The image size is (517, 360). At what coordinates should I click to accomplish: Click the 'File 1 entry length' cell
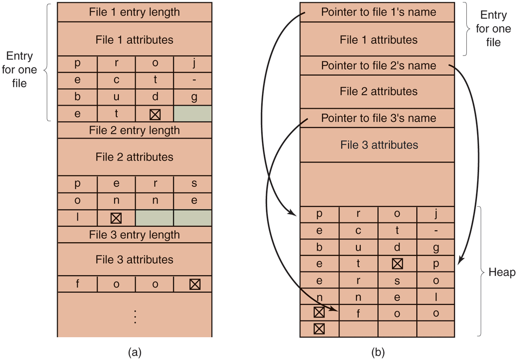click(x=134, y=12)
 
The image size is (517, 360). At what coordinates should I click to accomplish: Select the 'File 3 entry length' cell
click(x=134, y=235)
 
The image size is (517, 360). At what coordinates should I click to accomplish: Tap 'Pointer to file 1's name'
click(x=378, y=12)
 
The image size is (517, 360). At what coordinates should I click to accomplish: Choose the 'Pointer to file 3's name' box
click(x=378, y=118)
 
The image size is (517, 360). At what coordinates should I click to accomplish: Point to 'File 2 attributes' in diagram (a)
click(x=134, y=157)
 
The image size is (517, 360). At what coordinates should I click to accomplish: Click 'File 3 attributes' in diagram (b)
click(x=378, y=145)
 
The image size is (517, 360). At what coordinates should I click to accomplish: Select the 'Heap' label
click(x=501, y=272)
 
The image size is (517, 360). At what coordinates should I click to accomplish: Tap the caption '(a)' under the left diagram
click(x=134, y=351)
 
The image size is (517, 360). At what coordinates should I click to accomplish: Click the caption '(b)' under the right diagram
click(x=378, y=351)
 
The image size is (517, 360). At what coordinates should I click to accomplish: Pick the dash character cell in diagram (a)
click(x=194, y=80)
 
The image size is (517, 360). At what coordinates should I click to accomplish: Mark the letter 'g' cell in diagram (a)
click(x=194, y=97)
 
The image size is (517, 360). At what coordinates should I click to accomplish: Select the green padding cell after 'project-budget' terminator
click(x=193, y=114)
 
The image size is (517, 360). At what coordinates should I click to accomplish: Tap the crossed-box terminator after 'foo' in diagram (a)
click(x=194, y=285)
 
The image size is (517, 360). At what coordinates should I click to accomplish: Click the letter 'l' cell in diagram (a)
click(x=77, y=217)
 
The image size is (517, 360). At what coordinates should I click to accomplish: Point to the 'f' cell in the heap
click(x=358, y=314)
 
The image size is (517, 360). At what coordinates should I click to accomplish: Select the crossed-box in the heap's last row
click(x=319, y=329)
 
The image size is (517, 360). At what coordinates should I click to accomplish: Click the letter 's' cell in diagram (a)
click(x=194, y=184)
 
